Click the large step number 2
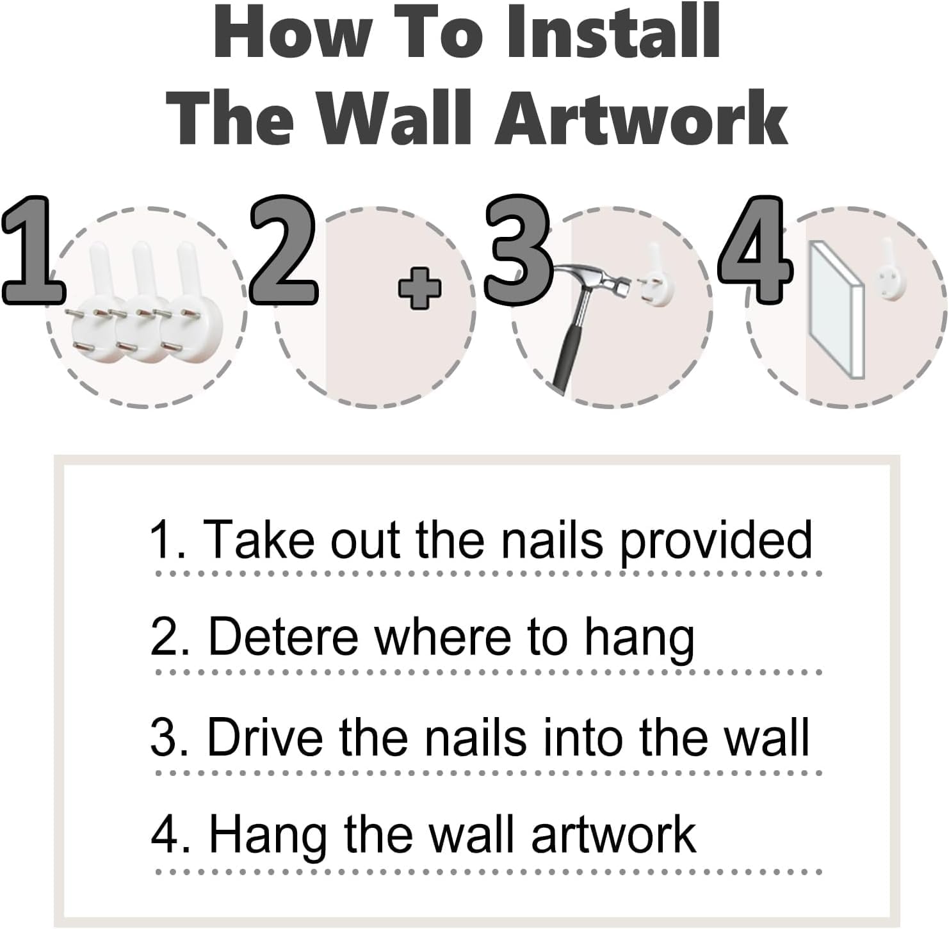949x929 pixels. (x=282, y=251)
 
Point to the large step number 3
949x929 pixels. (x=517, y=251)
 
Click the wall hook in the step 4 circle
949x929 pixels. (x=889, y=272)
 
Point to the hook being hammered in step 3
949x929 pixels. (x=658, y=277)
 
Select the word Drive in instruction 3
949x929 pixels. (x=264, y=738)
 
